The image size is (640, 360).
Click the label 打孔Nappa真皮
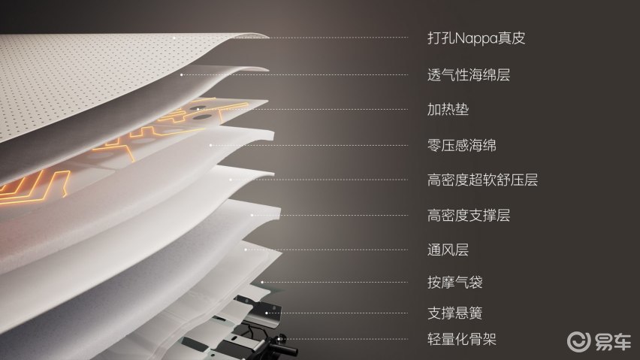pos(476,38)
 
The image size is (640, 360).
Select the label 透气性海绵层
pos(469,74)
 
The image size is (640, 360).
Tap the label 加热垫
pos(448,110)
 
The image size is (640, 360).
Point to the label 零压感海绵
pos(462,145)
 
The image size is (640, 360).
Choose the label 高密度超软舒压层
pos(482,180)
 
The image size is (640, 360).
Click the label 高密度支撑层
pos(469,215)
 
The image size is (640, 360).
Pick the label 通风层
pos(448,250)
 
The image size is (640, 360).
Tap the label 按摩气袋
pos(455,282)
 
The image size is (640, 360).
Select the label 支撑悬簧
pos(455,313)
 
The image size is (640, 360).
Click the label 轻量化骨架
pos(462,339)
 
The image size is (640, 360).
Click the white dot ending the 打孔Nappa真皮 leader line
pos(174,38)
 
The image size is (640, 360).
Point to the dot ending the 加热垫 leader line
pos(198,109)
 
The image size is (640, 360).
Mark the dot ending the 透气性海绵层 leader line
pos(181,74)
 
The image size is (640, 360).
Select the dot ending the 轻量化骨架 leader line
pos(279,339)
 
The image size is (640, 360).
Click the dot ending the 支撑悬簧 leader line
pos(267,313)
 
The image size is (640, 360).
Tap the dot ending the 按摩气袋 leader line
pos(261,282)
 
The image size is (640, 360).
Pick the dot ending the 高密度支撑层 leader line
pos(252,215)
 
